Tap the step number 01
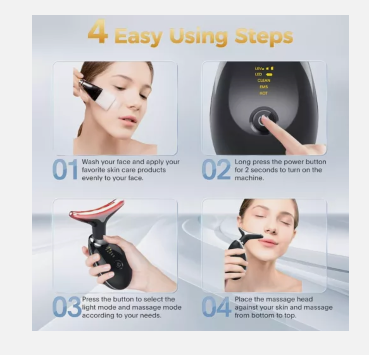[x=65, y=170]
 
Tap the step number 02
[x=216, y=170]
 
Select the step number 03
[x=66, y=307]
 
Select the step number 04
[x=216, y=307]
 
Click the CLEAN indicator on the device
[x=264, y=80]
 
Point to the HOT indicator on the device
[x=263, y=93]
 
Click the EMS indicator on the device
[x=263, y=87]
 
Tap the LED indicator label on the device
[x=259, y=74]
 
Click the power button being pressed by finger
[x=263, y=120]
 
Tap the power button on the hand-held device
[x=118, y=265]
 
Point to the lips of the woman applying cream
[x=128, y=120]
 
